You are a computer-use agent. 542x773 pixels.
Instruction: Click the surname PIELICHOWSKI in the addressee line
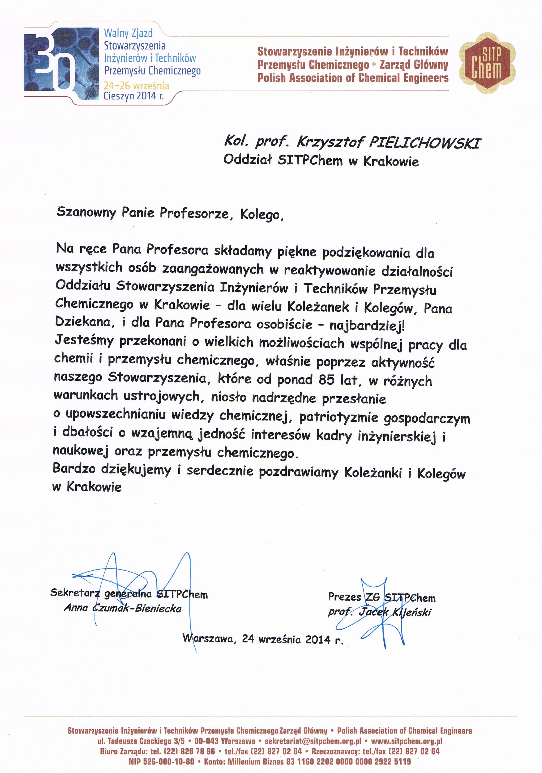[425, 143]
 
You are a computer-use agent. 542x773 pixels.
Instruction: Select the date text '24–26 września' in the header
[136, 86]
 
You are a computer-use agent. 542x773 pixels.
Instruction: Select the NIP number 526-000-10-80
[161, 762]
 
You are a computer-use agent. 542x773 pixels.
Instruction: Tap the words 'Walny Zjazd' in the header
[128, 33]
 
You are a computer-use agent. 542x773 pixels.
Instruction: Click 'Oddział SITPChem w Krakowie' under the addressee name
[321, 161]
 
